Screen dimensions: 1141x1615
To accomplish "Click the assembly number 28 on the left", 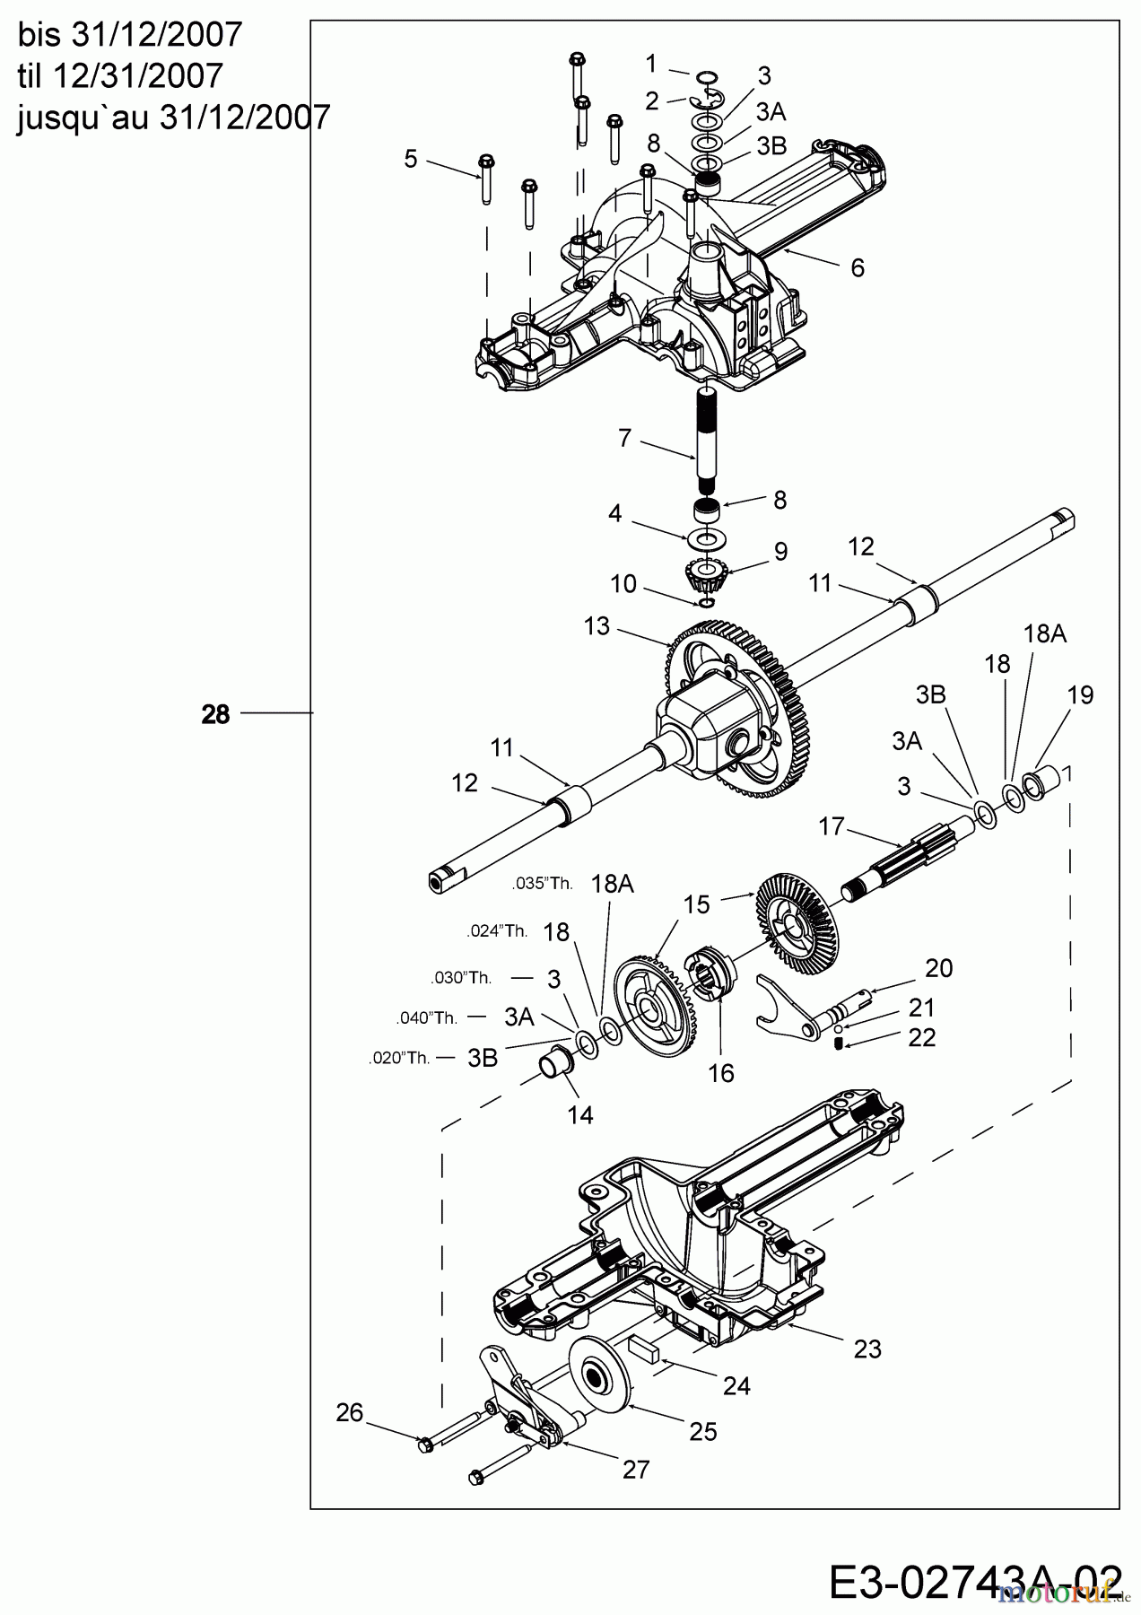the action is point(215,714).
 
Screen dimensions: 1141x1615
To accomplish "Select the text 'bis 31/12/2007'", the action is point(130,35).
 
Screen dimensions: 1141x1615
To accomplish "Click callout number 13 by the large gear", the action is point(597,626).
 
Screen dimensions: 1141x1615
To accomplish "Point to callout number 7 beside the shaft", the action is point(625,439).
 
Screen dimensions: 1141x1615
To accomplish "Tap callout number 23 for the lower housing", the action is point(867,1349).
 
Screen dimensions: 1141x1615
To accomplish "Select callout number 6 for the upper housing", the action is point(858,267).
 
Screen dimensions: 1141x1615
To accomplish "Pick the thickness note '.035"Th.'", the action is point(542,884).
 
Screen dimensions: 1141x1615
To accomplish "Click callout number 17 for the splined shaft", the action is point(832,825).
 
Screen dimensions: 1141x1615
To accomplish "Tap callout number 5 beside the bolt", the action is point(411,159).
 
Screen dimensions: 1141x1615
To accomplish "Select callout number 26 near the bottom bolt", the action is point(350,1413).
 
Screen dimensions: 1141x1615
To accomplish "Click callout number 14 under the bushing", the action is point(580,1115).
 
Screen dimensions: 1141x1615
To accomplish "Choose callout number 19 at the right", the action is point(1081,694).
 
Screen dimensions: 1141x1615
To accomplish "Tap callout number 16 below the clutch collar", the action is point(721,1073).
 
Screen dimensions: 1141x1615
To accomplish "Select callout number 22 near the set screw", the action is point(922,1037).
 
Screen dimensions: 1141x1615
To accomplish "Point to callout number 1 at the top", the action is point(651,64).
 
